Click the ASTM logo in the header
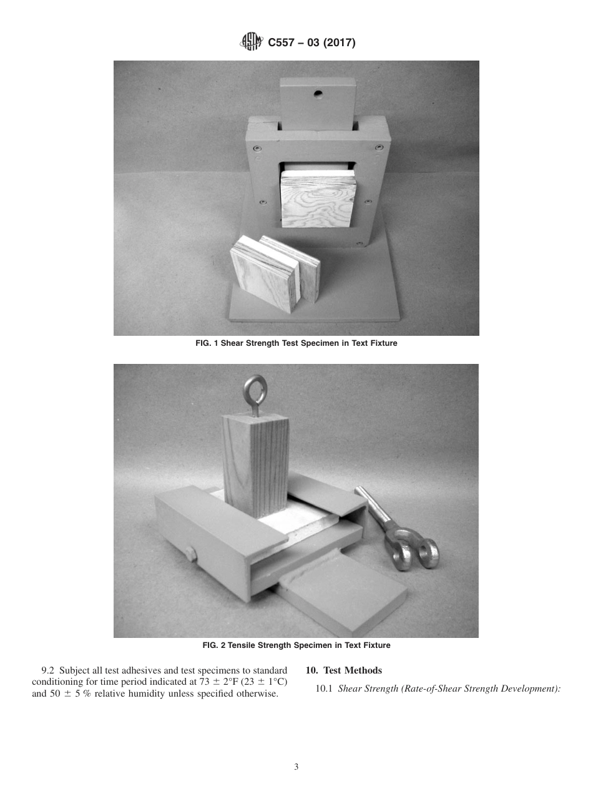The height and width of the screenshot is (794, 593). click(x=252, y=42)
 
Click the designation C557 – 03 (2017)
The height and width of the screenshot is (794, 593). click(x=311, y=43)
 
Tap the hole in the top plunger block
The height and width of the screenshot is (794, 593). click(x=318, y=94)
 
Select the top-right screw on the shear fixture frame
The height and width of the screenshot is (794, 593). click(x=379, y=147)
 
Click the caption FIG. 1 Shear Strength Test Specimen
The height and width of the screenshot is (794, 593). click(x=296, y=343)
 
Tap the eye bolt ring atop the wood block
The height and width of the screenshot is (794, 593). click(x=256, y=390)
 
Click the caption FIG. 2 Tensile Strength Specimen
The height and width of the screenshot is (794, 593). click(x=296, y=645)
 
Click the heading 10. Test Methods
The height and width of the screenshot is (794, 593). click(x=343, y=670)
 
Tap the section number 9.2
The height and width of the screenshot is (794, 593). click(x=48, y=670)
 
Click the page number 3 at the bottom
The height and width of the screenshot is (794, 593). click(x=296, y=767)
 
